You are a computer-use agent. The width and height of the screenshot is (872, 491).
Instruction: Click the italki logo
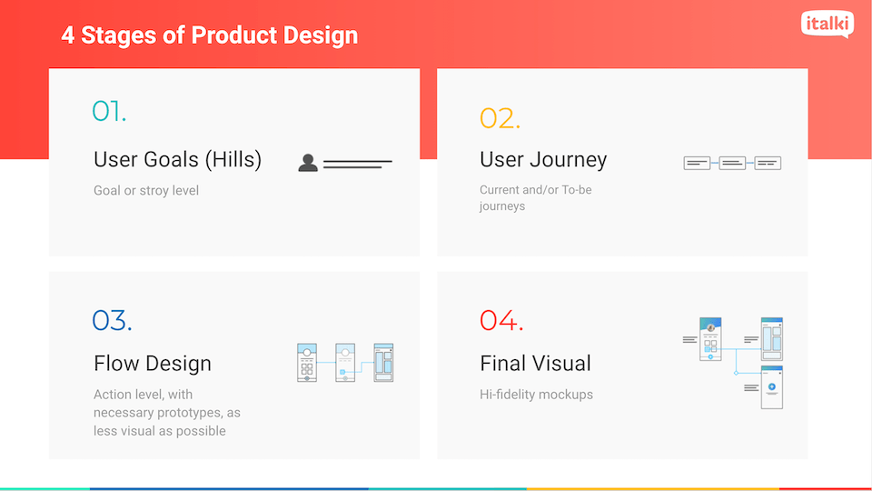[x=827, y=24]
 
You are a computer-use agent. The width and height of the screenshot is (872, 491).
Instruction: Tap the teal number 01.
[x=109, y=111]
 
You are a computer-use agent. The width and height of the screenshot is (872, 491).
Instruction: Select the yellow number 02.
[x=500, y=118]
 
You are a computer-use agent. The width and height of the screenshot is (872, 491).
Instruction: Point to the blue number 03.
[x=112, y=320]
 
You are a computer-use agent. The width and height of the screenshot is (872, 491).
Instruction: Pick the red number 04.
[x=501, y=320]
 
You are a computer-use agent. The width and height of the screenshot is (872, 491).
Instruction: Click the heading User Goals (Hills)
[x=177, y=160]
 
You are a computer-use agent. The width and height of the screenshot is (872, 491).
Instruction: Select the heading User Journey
[x=543, y=160]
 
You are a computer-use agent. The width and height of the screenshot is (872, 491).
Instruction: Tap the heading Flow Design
[x=153, y=364]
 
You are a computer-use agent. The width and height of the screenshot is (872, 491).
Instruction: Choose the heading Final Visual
[x=535, y=364]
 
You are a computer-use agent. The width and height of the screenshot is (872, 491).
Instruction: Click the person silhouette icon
[x=308, y=163]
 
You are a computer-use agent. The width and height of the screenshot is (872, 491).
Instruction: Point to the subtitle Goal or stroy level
[x=146, y=190]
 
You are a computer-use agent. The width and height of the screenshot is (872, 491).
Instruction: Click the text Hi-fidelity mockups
[x=536, y=394]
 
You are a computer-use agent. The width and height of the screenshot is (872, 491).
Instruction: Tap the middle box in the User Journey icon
[x=732, y=163]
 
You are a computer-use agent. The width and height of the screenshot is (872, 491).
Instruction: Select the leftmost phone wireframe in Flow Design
[x=307, y=363]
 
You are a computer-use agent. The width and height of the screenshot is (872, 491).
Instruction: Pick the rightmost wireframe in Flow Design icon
[x=383, y=363]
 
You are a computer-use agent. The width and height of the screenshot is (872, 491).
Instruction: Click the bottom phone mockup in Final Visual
[x=771, y=387]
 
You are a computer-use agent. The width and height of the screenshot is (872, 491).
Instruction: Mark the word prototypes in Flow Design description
[x=189, y=413]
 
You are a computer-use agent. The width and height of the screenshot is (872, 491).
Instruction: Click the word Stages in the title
[x=118, y=35]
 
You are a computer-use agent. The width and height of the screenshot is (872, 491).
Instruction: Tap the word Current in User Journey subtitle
[x=500, y=190]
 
